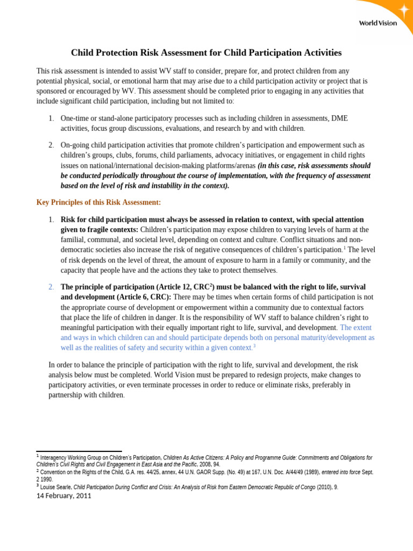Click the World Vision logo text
pos(378,23)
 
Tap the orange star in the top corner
pos(403,10)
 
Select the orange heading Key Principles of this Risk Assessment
pos(98,202)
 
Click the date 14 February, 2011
pos(63,496)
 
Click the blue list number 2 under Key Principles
pos(51,287)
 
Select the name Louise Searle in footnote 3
pos(56,488)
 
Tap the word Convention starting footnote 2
pos(55,472)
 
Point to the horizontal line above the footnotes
pos(79,451)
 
